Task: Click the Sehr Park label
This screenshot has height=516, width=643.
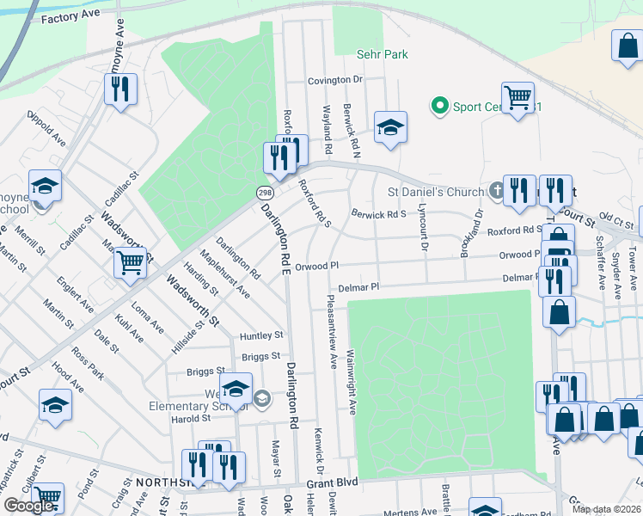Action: point(382,54)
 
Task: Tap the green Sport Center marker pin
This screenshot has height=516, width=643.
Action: point(440,107)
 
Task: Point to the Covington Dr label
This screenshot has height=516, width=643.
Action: point(336,80)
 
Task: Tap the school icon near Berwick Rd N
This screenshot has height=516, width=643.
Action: point(390,127)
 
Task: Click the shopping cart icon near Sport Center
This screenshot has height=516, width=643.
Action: point(517,97)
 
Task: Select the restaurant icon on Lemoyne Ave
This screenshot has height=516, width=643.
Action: point(120,89)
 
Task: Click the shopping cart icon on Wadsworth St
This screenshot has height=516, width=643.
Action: point(130,262)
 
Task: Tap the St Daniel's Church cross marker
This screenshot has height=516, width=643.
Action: point(496,190)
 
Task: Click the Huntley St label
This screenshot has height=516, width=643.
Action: point(261,335)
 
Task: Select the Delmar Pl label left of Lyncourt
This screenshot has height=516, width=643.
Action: point(358,287)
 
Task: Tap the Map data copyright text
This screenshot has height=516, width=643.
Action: point(606,509)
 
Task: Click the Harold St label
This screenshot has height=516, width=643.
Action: point(190,419)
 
